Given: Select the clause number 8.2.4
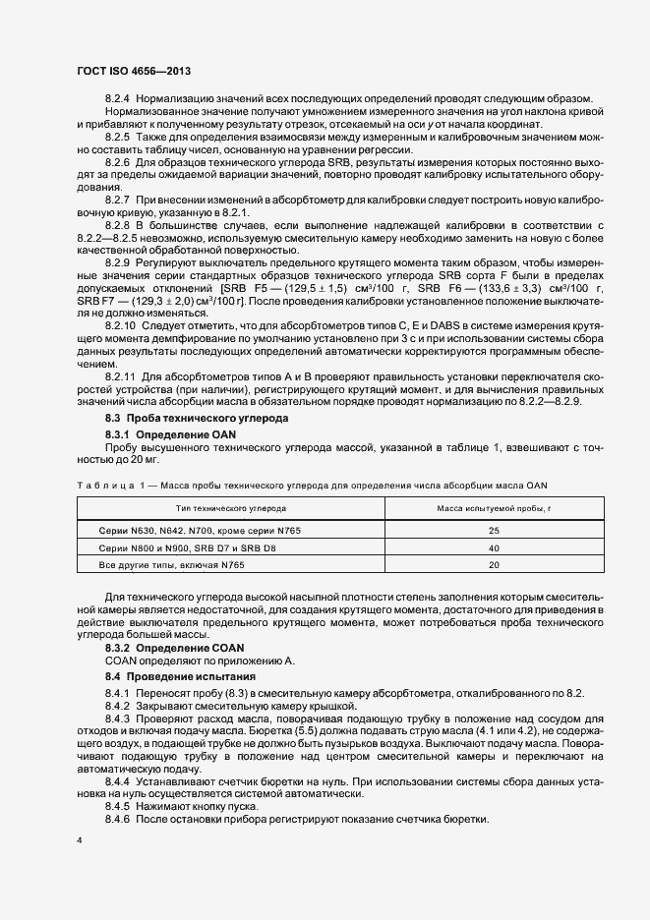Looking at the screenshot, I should click(x=119, y=97).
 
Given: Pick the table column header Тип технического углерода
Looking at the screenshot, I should click(x=231, y=508).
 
